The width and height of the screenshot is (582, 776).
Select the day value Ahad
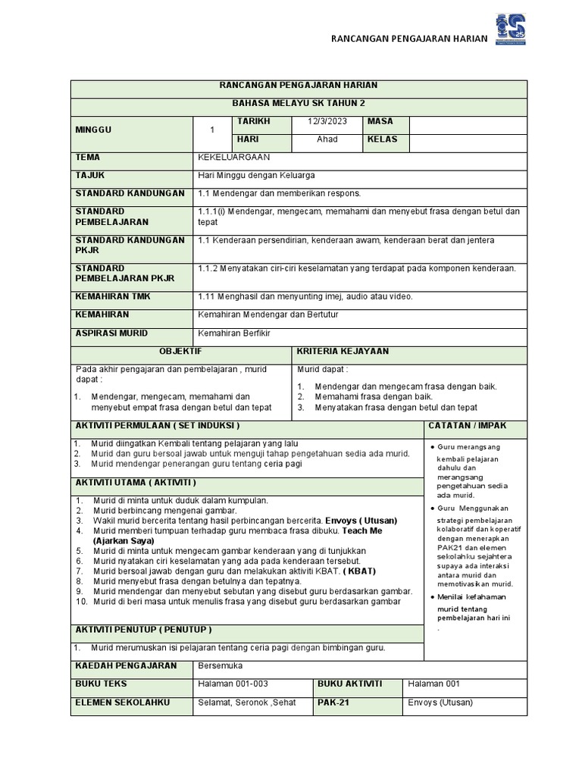pos(327,140)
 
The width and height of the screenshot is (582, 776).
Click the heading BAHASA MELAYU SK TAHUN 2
pos(299,103)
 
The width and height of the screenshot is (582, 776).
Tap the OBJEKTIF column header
pos(180,352)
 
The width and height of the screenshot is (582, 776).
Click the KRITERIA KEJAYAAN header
pos(343,352)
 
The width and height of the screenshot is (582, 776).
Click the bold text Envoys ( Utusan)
pos(361,521)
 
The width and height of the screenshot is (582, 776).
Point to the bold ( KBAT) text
pos(358,571)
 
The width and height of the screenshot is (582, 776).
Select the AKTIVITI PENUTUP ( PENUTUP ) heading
pos(143,630)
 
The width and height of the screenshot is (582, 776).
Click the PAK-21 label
pos(333,702)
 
